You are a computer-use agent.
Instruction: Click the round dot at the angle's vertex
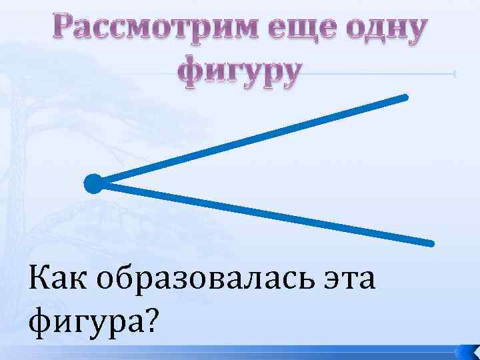click(93, 183)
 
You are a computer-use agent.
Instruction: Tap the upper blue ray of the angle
click(253, 139)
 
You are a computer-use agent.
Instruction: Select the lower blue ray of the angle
click(267, 213)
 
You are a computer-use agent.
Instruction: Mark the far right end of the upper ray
click(404, 97)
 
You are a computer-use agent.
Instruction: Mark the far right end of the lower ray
click(431, 242)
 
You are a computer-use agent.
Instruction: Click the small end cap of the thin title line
click(455, 74)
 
